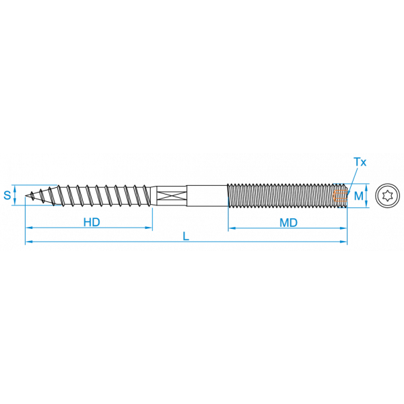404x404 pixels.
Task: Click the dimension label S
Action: (x=7, y=195)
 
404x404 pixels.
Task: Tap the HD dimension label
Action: (x=92, y=222)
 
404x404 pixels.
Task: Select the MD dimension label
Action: (x=289, y=223)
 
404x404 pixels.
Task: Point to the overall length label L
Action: (x=186, y=236)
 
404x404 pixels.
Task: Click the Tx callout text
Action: (x=360, y=162)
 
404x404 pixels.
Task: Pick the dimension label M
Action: (x=358, y=196)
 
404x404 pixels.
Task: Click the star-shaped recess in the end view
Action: (x=387, y=196)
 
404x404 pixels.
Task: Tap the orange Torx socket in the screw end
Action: (x=340, y=195)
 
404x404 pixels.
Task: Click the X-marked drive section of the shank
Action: (x=171, y=195)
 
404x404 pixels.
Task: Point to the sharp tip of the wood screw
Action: (x=26, y=196)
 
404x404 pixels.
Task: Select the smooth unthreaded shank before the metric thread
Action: (x=207, y=195)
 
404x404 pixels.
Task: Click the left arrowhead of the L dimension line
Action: (x=28, y=242)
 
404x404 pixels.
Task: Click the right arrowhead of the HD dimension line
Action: (x=149, y=228)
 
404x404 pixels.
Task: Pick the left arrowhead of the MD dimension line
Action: (x=232, y=228)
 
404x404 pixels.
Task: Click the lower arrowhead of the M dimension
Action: (x=366, y=204)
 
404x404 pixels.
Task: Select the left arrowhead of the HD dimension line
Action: (x=29, y=228)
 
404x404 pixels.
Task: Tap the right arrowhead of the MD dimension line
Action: (x=343, y=228)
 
